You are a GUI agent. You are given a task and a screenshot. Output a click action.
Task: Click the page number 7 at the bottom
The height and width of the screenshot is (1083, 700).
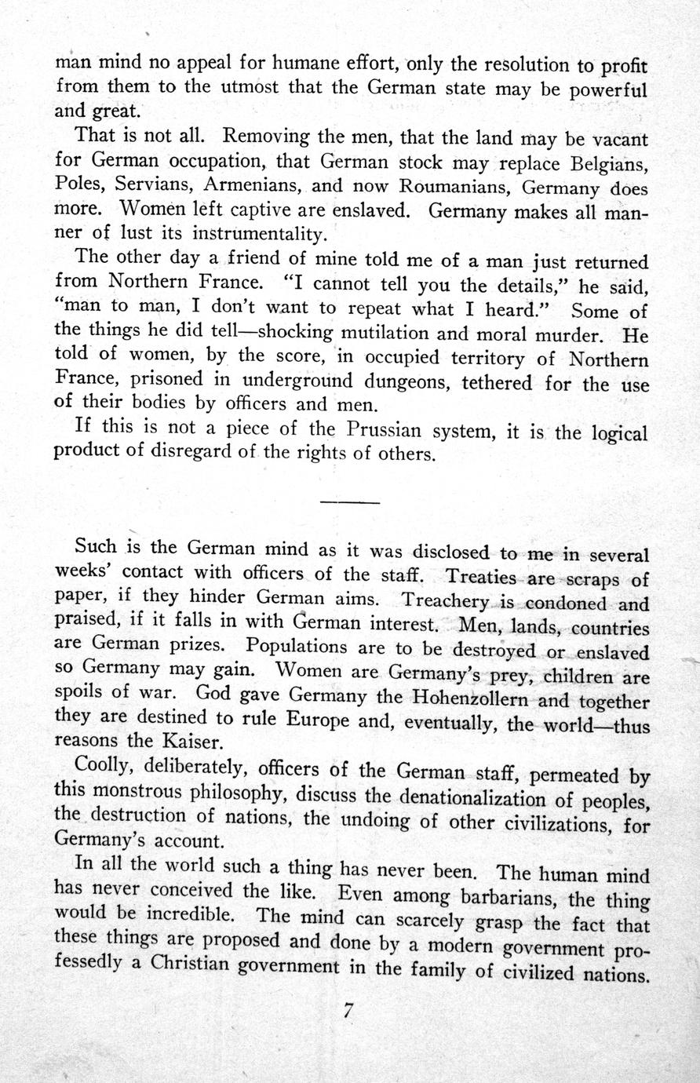point(349,1012)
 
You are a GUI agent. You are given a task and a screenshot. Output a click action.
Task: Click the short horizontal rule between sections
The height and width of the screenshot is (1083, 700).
point(350,501)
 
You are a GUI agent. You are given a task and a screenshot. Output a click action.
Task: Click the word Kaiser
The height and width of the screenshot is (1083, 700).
point(193,740)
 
